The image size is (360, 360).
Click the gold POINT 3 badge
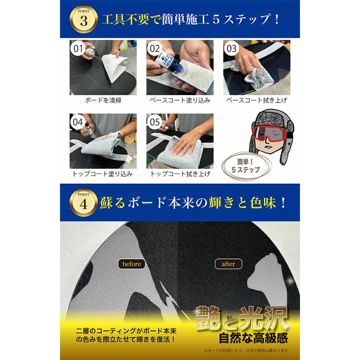(84, 20)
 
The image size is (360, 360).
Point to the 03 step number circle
(232, 49)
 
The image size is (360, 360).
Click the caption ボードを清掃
(103, 100)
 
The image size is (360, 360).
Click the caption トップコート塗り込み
(103, 174)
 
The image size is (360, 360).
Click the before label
(132, 264)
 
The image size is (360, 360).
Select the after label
(228, 264)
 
